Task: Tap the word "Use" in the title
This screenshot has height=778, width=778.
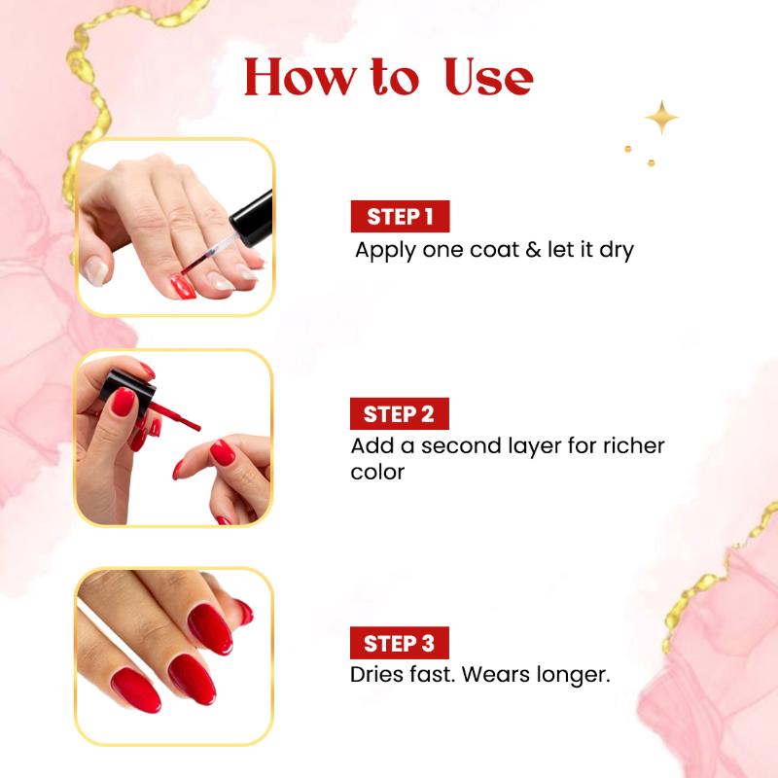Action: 488,77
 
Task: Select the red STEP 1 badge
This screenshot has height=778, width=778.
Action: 400,217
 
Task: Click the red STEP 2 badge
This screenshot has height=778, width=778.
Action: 400,414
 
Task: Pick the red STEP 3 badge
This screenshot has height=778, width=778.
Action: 400,643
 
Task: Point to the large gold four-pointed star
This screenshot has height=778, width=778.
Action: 662,118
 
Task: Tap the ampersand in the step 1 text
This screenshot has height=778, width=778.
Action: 533,250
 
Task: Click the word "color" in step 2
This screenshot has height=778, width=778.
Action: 377,472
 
